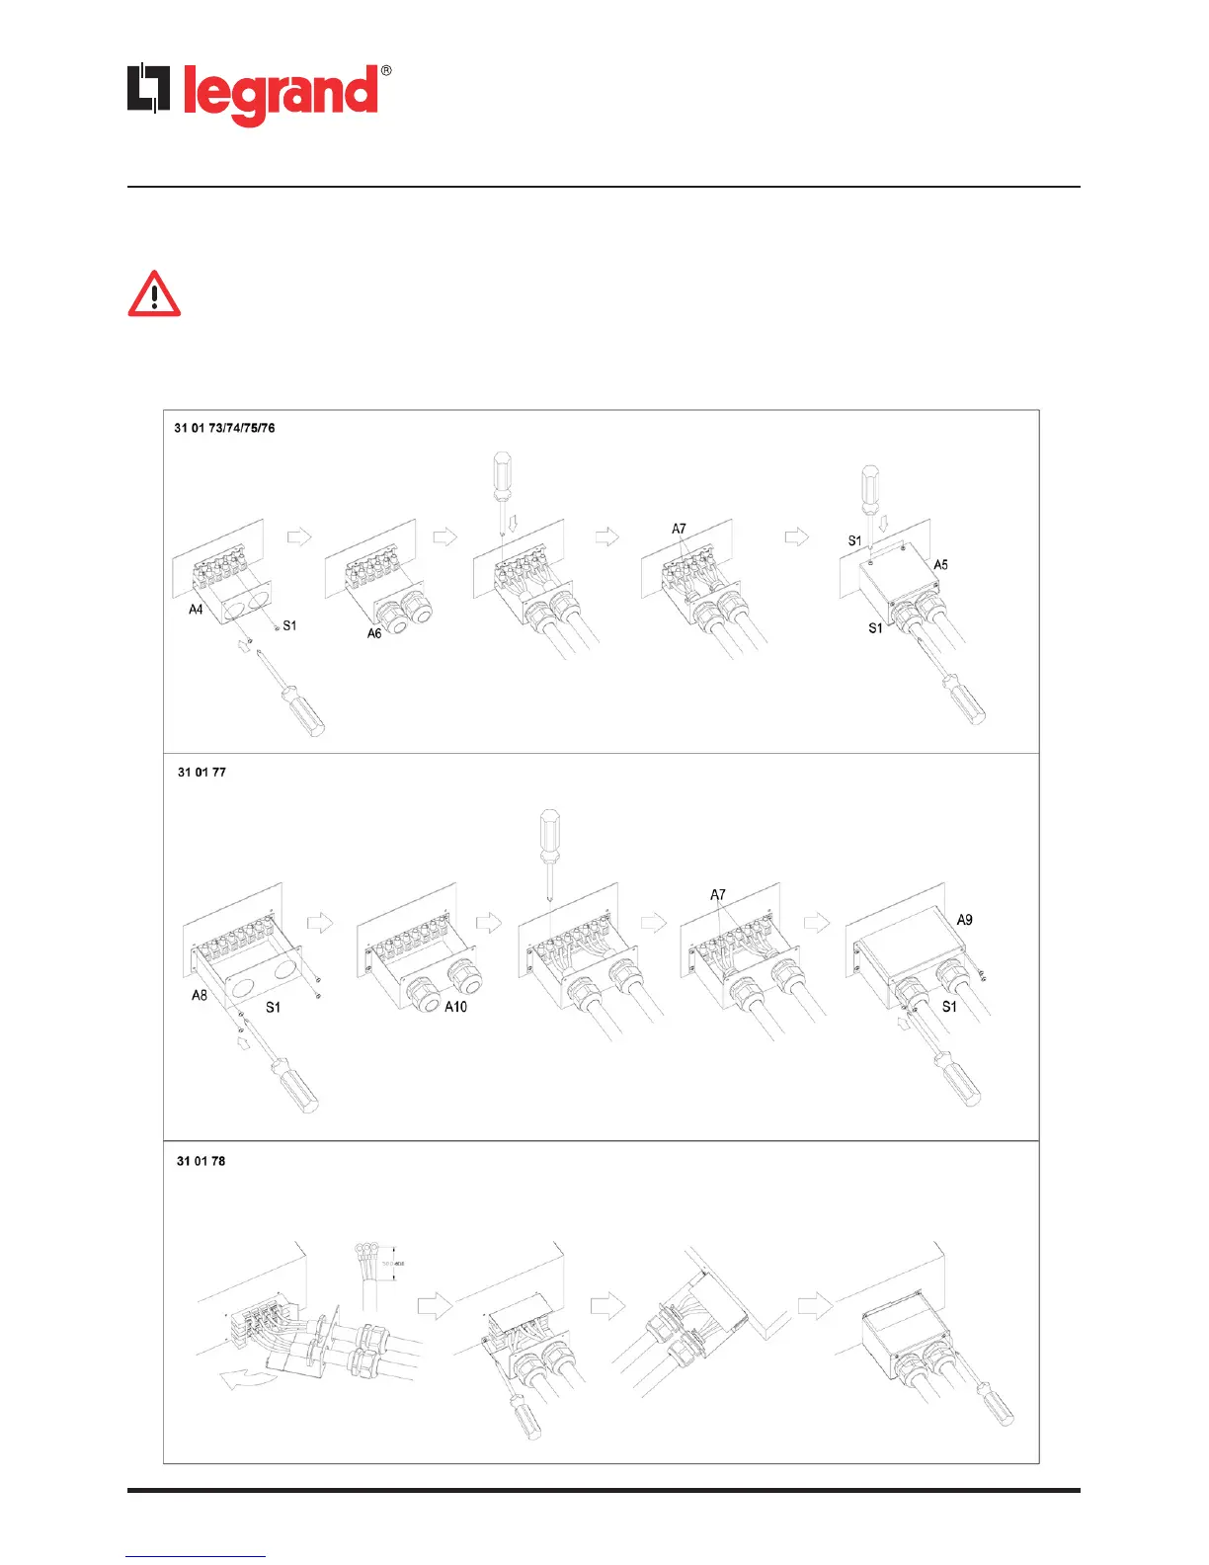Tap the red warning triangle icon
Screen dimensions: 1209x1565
(154, 294)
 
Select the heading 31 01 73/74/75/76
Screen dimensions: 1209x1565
(224, 428)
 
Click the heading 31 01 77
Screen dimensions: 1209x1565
(201, 772)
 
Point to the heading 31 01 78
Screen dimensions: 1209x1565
(201, 1161)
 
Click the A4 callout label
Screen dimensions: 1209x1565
(196, 610)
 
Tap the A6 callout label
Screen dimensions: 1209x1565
(374, 633)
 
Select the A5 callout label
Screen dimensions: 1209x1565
(941, 565)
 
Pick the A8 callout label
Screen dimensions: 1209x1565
(200, 995)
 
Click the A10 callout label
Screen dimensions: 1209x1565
(455, 1007)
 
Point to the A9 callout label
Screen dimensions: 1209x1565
(964, 920)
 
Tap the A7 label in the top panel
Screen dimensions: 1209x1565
(679, 529)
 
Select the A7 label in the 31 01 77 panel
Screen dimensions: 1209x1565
(718, 895)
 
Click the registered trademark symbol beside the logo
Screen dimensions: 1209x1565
(385, 71)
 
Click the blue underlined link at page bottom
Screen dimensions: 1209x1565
(196, 1556)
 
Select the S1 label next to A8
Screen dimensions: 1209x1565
(273, 1007)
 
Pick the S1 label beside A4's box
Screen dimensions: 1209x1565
(289, 625)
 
